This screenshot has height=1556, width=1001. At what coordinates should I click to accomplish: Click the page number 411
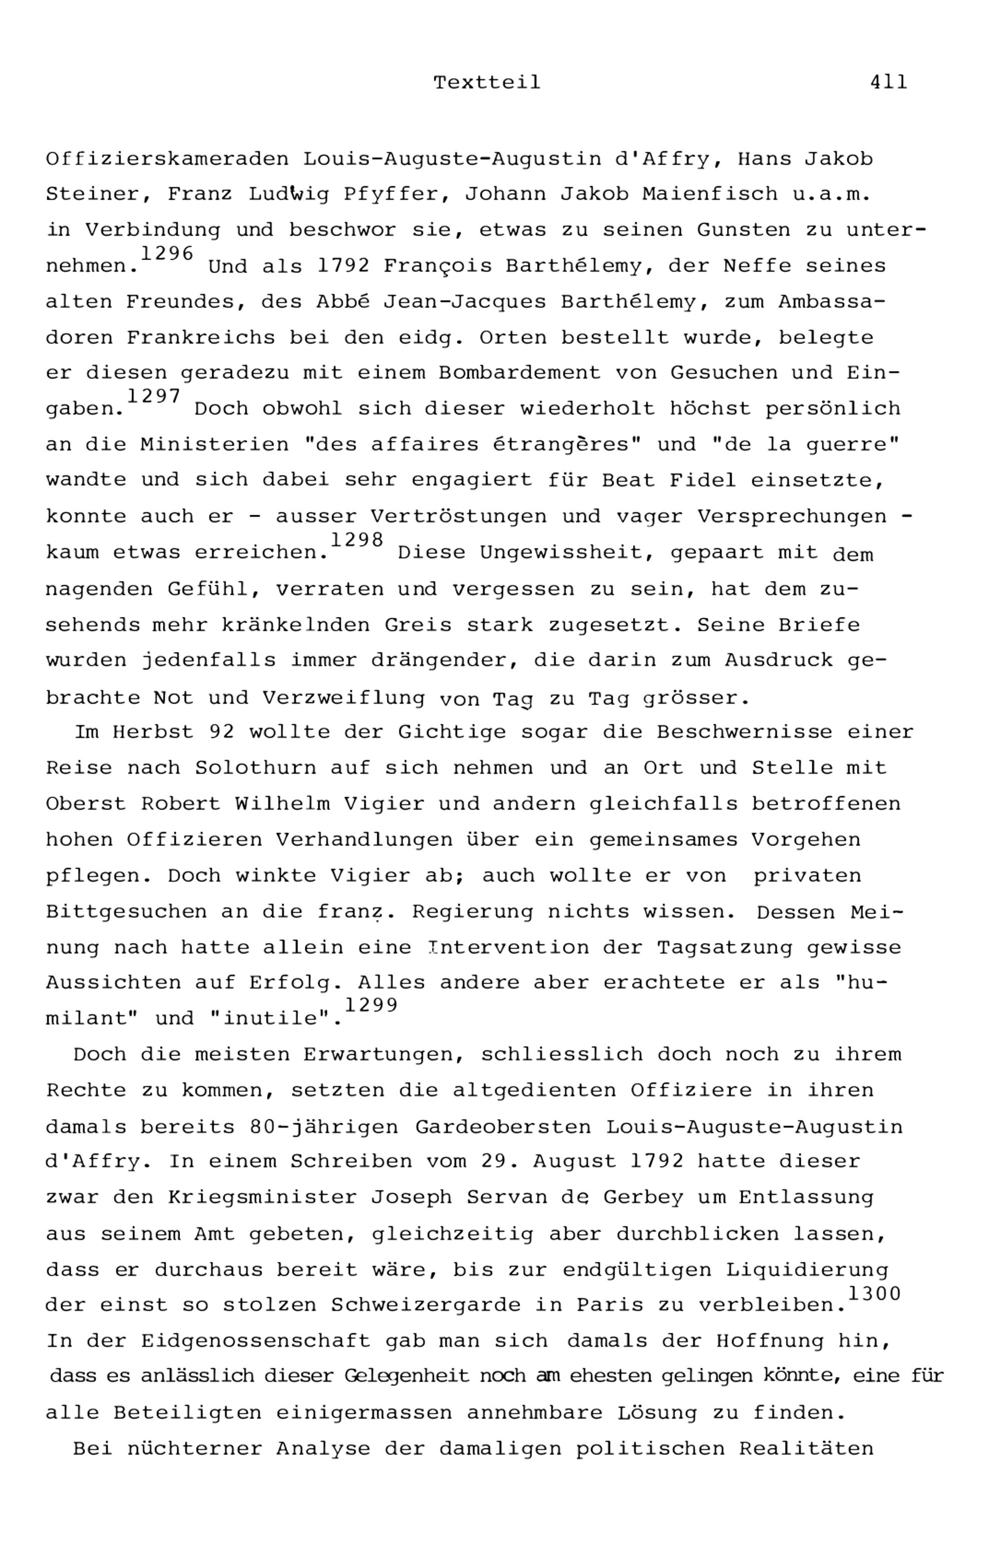coord(888,83)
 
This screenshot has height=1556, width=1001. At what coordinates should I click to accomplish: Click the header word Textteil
coord(487,83)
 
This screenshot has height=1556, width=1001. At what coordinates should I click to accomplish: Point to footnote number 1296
coord(167,253)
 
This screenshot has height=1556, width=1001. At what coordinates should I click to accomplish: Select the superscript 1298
coord(357,539)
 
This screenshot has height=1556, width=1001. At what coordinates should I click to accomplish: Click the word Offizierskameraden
coord(167,159)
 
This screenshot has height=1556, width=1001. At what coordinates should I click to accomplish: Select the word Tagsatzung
coord(724,947)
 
